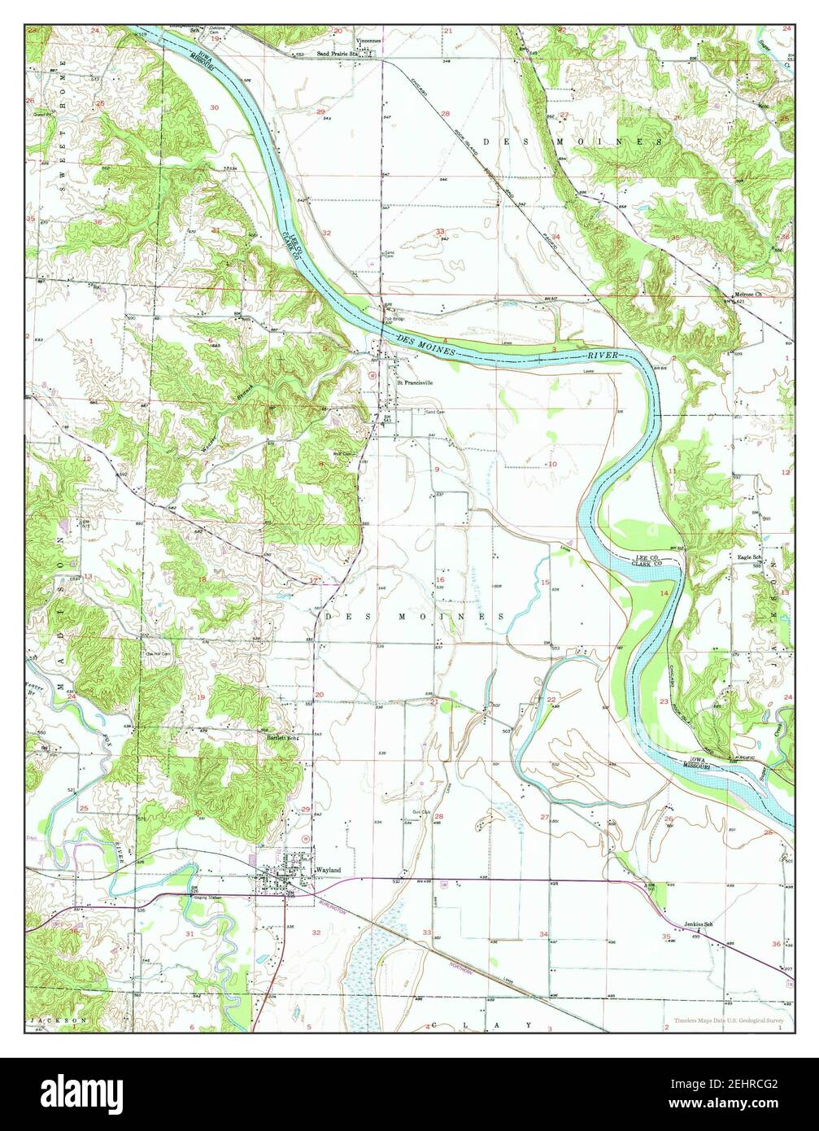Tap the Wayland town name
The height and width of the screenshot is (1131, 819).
pyautogui.click(x=330, y=870)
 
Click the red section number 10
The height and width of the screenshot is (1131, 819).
pyautogui.click(x=553, y=464)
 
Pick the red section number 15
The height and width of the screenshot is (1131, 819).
pyautogui.click(x=546, y=581)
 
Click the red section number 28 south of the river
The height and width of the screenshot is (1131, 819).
pyautogui.click(x=438, y=816)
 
